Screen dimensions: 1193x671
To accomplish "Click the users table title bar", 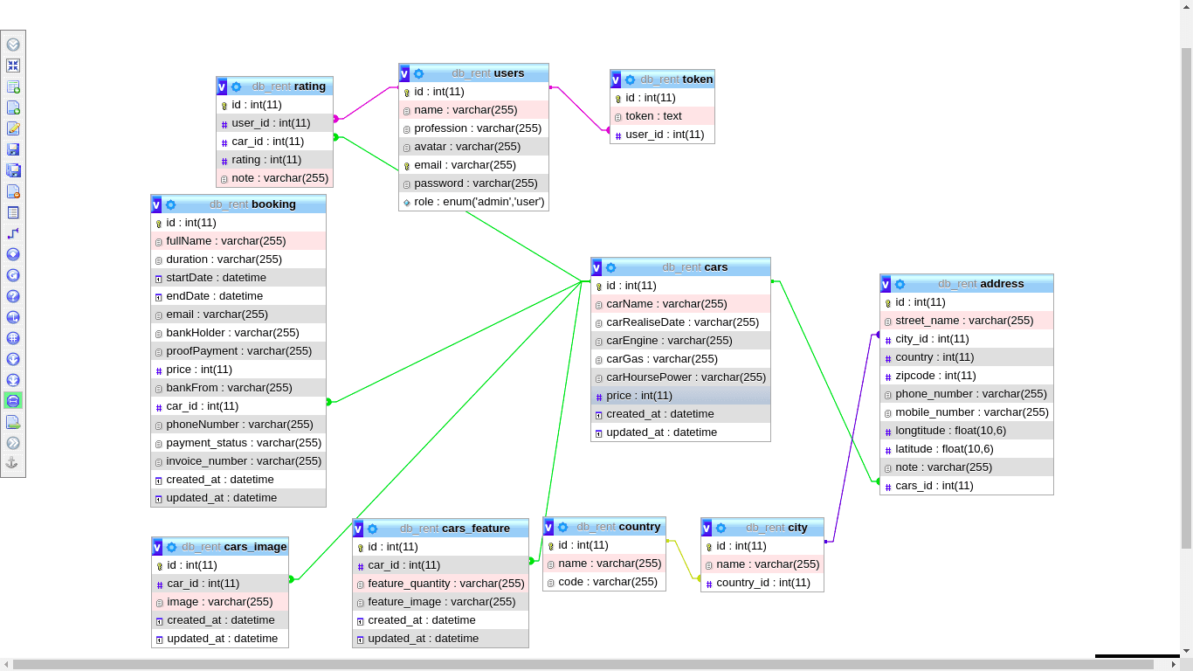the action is pyautogui.click(x=473, y=73).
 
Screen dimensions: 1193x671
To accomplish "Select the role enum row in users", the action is pyautogui.click(x=473, y=202).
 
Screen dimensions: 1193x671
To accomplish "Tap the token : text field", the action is pyautogui.click(x=662, y=116).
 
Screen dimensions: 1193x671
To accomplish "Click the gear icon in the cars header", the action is pyautogui.click(x=610, y=267).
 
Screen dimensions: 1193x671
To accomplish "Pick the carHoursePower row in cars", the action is pyautogui.click(x=680, y=377).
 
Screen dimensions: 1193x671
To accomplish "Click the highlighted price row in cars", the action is pyautogui.click(x=680, y=396).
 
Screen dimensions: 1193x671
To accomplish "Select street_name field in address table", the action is pyautogui.click(x=967, y=321).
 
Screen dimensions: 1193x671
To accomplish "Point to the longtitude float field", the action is pyautogui.click(x=967, y=431).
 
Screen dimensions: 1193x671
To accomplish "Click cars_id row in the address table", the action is pyautogui.click(x=967, y=486).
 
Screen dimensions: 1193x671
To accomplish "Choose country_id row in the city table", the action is pyautogui.click(x=762, y=583).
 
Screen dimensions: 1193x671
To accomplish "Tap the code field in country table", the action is pyautogui.click(x=604, y=582).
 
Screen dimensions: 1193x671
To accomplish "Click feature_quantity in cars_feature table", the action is pyautogui.click(x=440, y=584).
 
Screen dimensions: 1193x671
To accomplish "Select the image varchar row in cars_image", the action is pyautogui.click(x=220, y=602).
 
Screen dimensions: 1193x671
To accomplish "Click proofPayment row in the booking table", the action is pyautogui.click(x=238, y=351).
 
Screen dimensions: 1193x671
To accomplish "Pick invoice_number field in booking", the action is pyautogui.click(x=238, y=461).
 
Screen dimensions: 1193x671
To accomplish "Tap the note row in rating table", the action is pyautogui.click(x=275, y=178).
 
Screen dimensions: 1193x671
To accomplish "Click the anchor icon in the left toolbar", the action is pyautogui.click(x=13, y=462).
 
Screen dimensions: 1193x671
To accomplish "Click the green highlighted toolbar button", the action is pyautogui.click(x=13, y=401).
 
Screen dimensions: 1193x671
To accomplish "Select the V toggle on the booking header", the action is pyautogui.click(x=156, y=204).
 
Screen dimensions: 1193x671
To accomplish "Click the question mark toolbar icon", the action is pyautogui.click(x=13, y=296).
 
